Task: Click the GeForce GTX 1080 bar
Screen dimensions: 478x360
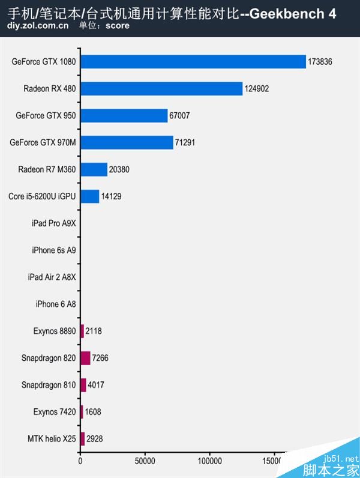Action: coord(193,62)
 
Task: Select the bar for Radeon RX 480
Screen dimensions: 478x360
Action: coord(161,89)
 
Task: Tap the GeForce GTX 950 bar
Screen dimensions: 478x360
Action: coord(124,116)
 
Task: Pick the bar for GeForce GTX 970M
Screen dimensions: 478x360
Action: coord(127,143)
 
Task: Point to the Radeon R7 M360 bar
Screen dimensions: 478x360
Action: coord(94,170)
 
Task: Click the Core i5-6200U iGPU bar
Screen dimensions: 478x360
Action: coord(90,196)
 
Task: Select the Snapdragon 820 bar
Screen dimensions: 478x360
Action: coord(85,358)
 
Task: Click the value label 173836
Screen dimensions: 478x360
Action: coord(320,62)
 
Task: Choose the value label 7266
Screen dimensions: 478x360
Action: coord(100,358)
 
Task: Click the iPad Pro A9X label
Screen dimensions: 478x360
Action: coord(54,223)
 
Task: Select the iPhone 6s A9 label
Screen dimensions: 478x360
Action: coord(54,250)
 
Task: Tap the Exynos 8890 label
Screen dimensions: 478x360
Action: coord(55,331)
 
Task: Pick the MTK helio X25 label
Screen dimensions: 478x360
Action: coord(52,438)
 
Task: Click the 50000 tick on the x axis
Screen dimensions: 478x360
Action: coord(145,462)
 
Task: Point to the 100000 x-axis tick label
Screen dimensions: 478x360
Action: coord(209,462)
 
